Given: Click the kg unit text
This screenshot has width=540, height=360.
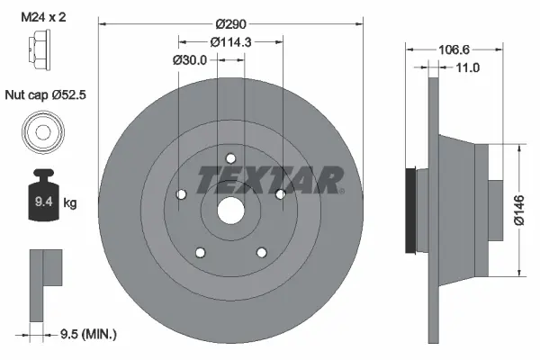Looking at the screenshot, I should (70, 204).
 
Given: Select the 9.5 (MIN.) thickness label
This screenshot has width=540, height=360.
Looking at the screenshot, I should (85, 334).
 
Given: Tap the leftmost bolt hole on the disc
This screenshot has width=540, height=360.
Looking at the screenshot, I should (180, 193).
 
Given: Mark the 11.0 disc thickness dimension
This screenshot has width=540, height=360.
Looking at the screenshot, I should (468, 68).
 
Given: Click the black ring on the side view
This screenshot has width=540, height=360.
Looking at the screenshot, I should (413, 210).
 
